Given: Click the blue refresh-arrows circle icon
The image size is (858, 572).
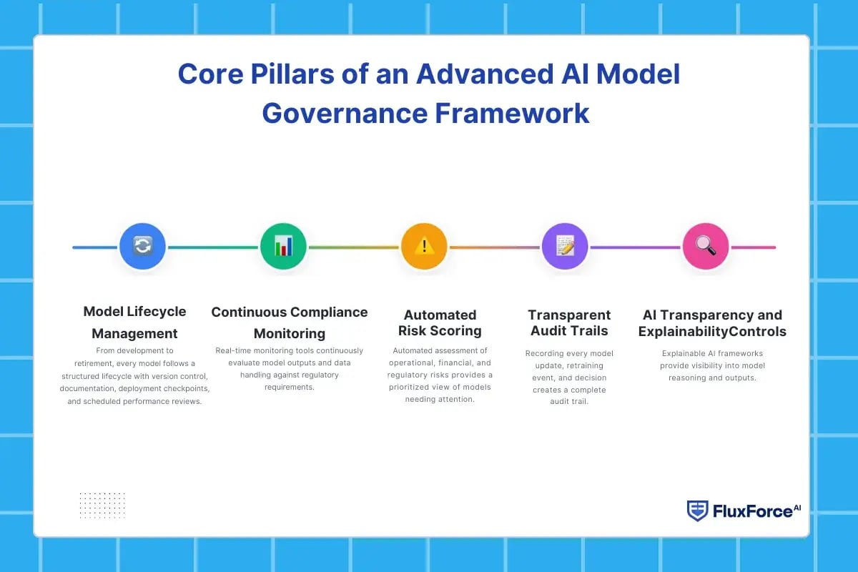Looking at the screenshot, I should [x=142, y=247].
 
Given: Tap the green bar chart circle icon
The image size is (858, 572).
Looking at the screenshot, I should [x=283, y=247].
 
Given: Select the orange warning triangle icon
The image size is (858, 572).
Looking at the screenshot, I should [x=424, y=247].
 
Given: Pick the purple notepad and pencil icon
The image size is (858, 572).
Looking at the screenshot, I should [x=565, y=247].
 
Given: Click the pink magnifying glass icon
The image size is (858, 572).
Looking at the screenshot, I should [x=706, y=247].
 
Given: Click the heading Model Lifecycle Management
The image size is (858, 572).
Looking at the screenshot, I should [x=134, y=322].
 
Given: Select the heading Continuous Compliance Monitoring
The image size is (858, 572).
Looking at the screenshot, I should [x=290, y=322].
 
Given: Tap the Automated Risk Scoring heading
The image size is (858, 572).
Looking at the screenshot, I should [x=440, y=322].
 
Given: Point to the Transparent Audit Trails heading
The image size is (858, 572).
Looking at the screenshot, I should [x=569, y=322].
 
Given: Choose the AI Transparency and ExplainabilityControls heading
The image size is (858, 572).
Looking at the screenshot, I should [x=712, y=322].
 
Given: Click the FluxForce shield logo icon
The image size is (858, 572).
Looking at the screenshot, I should [x=697, y=511].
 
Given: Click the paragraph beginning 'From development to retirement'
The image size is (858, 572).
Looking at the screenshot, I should [x=134, y=376].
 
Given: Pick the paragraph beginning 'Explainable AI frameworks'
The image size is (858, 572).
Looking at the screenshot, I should [x=712, y=365].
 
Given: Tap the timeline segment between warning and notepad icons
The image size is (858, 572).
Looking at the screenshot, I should [x=494, y=247].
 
